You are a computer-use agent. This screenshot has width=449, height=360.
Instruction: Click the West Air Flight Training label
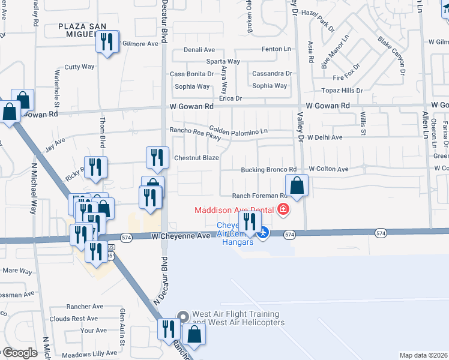235,318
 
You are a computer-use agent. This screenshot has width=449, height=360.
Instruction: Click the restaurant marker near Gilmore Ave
107,43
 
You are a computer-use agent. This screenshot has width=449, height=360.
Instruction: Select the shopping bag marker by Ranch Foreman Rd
297,186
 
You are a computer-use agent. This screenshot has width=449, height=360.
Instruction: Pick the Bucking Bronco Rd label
269,170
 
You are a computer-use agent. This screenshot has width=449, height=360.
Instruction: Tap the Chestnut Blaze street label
196,158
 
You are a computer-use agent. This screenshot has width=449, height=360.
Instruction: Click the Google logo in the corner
19,353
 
